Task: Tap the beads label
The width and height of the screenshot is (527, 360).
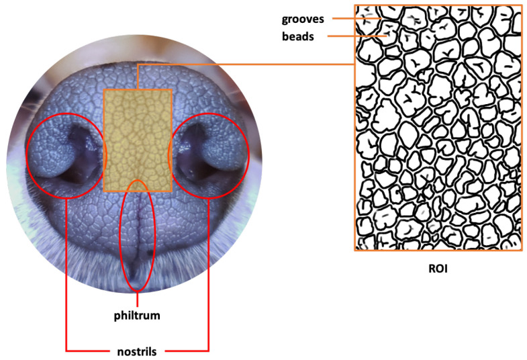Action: click(297, 37)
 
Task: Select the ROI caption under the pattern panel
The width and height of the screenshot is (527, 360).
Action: click(437, 270)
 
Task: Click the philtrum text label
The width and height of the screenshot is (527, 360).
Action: click(137, 315)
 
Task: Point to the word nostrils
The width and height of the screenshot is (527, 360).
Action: click(138, 351)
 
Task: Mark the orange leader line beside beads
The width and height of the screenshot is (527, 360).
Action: click(352, 36)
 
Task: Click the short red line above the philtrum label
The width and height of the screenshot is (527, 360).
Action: click(137, 299)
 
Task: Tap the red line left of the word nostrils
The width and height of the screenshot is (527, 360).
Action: click(87, 350)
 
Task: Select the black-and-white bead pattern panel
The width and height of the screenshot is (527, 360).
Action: click(438, 128)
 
